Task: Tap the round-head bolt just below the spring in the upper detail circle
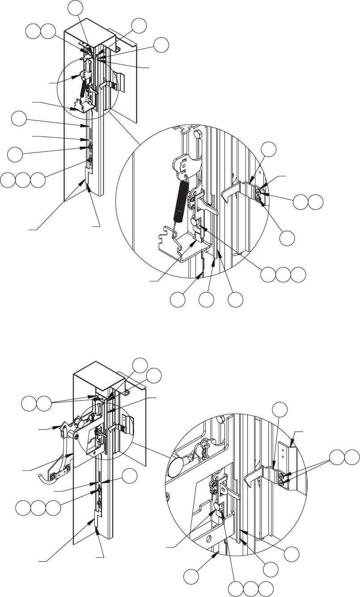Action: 195,221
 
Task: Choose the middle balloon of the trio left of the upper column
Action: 22,181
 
